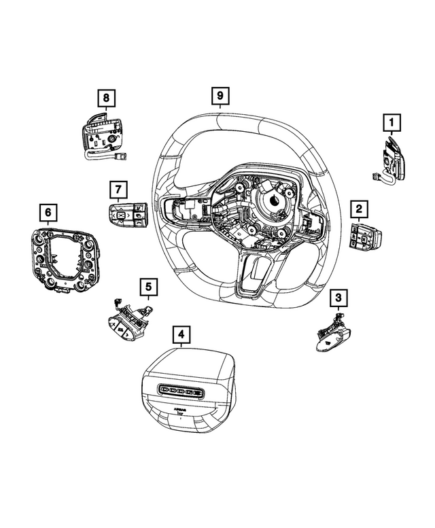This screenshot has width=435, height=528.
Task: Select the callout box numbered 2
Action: (360, 208)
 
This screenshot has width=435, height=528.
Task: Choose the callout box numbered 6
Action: (48, 213)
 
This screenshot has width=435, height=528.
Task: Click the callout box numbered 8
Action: (105, 99)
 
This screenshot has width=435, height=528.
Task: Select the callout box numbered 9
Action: (220, 95)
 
